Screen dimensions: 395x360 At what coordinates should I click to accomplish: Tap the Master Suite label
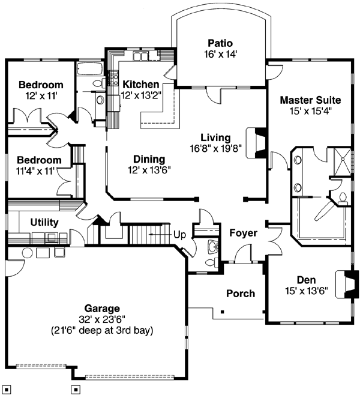(x=310, y=100)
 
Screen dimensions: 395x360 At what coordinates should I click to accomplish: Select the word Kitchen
(x=140, y=85)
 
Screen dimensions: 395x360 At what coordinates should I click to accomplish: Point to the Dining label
(x=149, y=159)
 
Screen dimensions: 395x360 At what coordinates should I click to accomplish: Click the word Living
(x=215, y=137)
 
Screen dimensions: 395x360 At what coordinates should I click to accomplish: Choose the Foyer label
(x=243, y=232)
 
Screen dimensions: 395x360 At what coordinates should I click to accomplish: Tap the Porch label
(x=240, y=294)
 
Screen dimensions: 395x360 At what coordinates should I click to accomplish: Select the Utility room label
(x=44, y=223)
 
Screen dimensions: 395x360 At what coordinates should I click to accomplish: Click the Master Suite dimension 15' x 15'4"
(x=310, y=110)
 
